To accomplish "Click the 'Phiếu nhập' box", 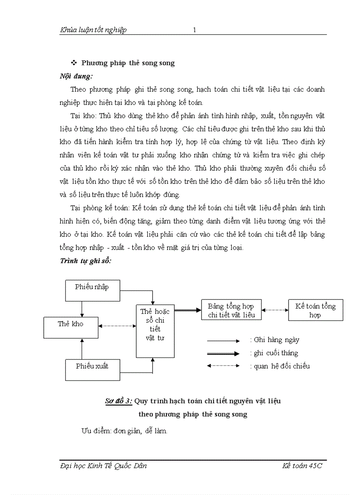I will click(92, 290).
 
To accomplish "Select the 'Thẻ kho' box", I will click(71, 327).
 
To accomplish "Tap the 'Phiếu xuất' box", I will click(92, 369).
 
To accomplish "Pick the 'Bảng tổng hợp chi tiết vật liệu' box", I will click(231, 310).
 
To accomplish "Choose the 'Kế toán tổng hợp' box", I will click(315, 310).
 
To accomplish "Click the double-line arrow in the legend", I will click(223, 353).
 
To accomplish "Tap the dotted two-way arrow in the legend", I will click(223, 366).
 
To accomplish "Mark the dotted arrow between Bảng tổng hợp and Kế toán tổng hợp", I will click(274, 310).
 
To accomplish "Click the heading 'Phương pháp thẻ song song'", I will click(128, 63).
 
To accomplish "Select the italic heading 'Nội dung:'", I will click(76, 76).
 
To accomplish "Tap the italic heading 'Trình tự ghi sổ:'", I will click(86, 261).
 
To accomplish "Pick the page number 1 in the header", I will click(194, 30).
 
